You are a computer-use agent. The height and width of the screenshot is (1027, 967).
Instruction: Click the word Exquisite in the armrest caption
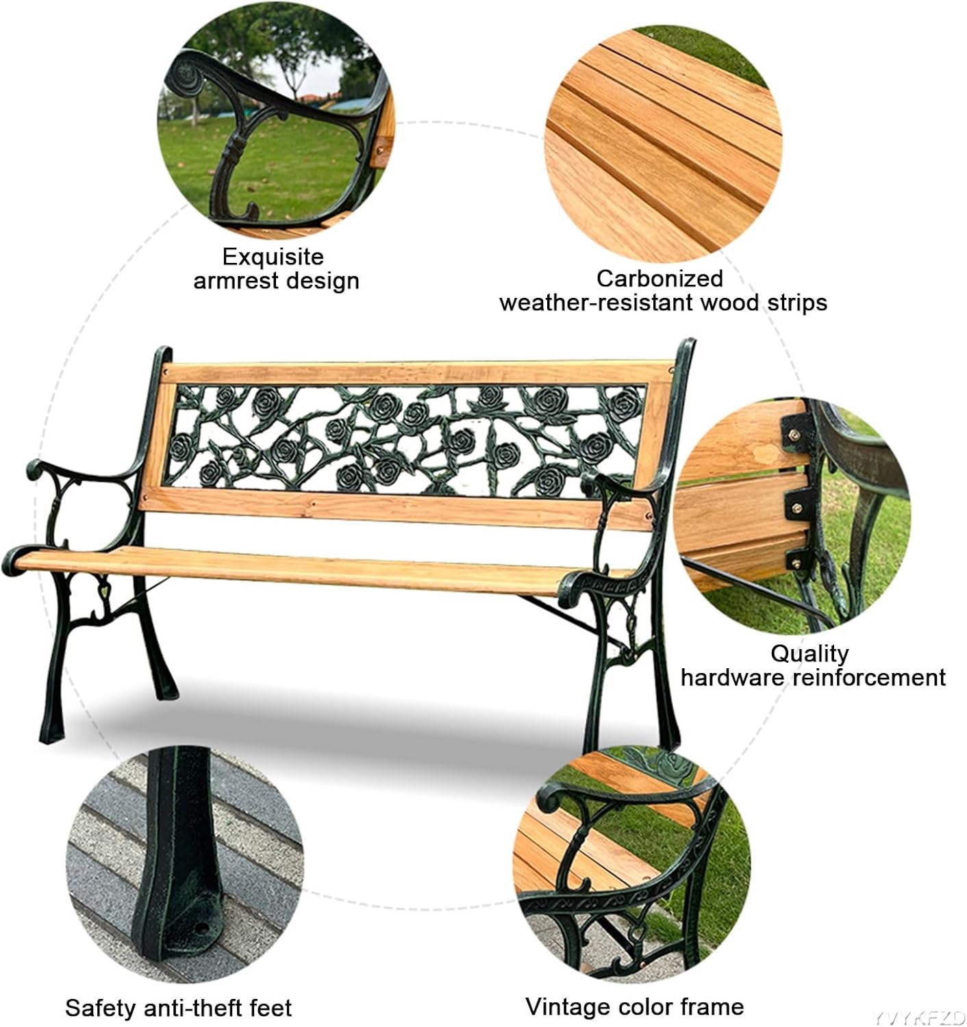pos(273,257)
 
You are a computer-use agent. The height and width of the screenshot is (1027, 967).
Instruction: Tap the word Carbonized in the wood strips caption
pos(660,278)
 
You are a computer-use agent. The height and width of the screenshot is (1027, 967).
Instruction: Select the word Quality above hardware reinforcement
pos(809,653)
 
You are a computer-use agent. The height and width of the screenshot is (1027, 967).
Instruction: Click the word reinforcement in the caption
pos(869,678)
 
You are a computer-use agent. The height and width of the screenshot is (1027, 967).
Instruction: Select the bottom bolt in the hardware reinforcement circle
pos(799,561)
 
